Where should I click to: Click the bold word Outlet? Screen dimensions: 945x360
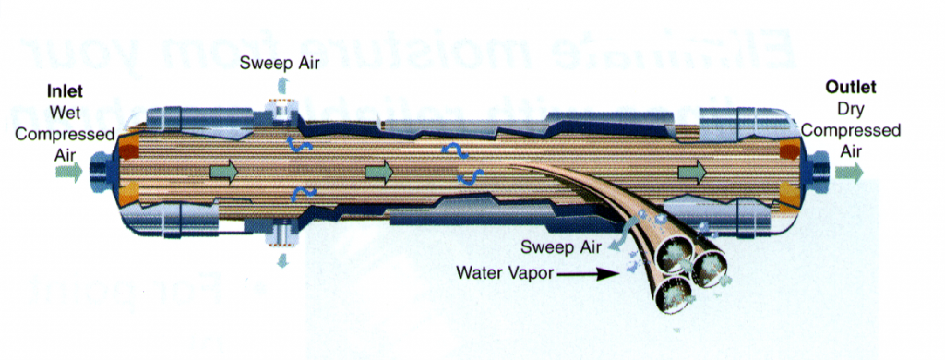click(850, 89)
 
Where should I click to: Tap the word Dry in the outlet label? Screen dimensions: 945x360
click(850, 109)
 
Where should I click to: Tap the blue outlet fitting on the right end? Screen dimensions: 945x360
click(819, 172)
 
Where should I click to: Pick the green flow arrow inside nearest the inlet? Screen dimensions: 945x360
click(221, 171)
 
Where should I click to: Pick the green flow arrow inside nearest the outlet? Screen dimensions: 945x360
click(691, 172)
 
